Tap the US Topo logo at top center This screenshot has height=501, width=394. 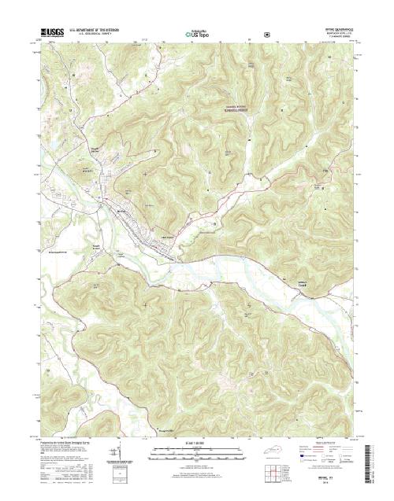click(x=196, y=35)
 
